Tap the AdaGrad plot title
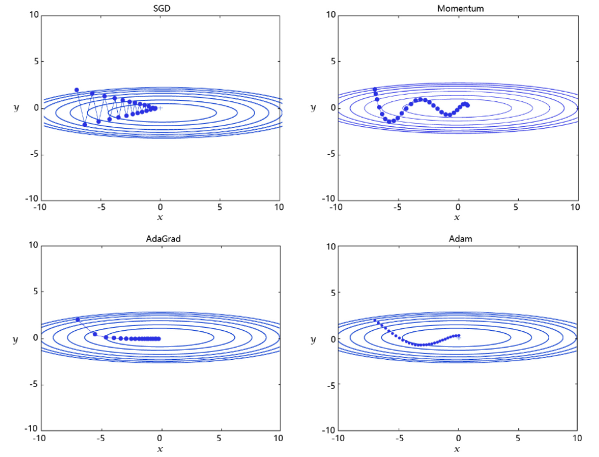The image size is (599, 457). coord(161,239)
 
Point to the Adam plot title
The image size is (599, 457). coord(460,239)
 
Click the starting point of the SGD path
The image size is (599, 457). coord(76,90)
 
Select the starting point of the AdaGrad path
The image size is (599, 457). coord(78,319)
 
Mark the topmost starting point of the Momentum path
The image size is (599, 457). coord(374,89)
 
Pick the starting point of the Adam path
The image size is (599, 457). coord(374,320)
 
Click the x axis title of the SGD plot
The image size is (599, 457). coord(160,217)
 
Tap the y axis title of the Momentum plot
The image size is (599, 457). coord(313,107)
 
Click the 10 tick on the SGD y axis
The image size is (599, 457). coord(33,15)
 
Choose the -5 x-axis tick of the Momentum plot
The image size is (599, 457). coord(397,207)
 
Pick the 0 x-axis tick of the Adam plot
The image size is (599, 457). coord(458,438)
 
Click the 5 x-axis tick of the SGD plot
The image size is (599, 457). coord(220,207)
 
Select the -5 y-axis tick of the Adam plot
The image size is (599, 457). coord(331,384)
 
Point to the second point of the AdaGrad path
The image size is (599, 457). coord(95,334)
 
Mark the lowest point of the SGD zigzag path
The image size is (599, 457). coord(84,124)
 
